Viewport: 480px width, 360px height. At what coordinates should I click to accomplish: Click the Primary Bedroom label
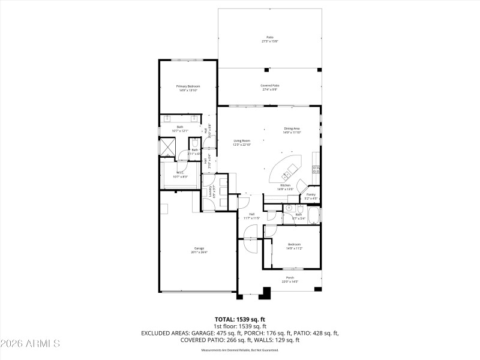point(188,86)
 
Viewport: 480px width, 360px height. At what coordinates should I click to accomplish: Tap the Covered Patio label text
point(269,85)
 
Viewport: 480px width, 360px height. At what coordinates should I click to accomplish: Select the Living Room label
point(241,140)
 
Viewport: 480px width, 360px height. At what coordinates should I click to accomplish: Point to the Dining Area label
point(292,128)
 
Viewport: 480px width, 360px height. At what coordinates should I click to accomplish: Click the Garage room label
point(199,248)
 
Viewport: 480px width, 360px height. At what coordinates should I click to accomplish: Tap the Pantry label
point(311,194)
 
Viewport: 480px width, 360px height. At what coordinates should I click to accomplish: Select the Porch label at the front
point(290,278)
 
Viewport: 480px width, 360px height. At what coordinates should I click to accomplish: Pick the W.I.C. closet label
point(180,173)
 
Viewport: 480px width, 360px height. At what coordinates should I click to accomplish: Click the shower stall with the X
point(167,146)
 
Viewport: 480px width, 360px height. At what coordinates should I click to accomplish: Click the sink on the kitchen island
point(287,174)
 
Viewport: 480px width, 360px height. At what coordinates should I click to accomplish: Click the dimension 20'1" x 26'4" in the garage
point(199,252)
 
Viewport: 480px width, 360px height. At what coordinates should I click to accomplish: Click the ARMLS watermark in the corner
point(30,344)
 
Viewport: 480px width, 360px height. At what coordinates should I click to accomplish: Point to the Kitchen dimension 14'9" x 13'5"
point(286,188)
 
